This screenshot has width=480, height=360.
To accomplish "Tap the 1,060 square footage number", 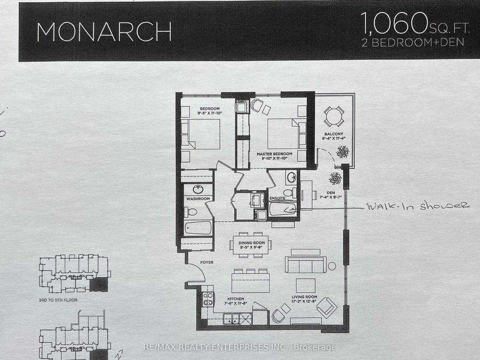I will click(x=392, y=22).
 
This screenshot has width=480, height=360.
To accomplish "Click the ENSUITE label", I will click(x=277, y=198).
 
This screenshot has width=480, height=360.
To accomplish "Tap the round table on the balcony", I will click(x=334, y=116).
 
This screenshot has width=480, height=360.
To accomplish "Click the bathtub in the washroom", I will click(x=197, y=228).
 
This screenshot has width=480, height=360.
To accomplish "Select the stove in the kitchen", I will click(x=208, y=299).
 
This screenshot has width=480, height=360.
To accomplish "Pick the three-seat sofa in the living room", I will click(x=306, y=264).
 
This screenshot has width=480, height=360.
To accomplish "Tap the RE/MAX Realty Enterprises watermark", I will click(x=240, y=347).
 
